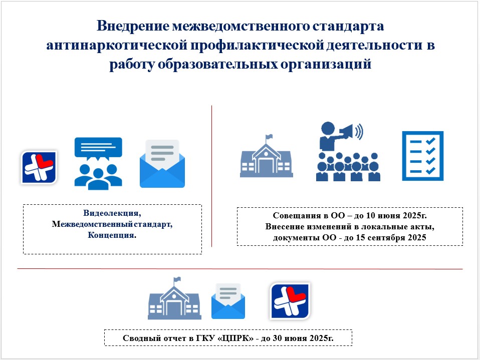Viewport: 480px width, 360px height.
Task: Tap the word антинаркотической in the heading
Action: click(x=117, y=45)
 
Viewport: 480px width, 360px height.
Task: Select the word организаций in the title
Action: click(x=326, y=64)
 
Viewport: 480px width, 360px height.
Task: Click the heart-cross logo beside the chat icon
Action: click(x=39, y=167)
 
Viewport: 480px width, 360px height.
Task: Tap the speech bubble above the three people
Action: click(x=98, y=149)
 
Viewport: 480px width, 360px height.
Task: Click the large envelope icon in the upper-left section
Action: click(x=162, y=164)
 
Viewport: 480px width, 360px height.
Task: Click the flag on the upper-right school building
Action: click(x=269, y=137)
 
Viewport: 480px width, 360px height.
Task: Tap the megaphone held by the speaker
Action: click(x=347, y=132)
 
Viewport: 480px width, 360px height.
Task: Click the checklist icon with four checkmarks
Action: click(x=422, y=156)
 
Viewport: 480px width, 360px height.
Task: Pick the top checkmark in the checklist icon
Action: click(x=430, y=141)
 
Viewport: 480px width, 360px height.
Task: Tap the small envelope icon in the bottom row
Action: click(x=228, y=301)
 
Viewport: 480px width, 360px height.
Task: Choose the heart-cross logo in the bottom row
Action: click(x=290, y=301)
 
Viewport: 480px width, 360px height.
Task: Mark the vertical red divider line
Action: click(x=211, y=176)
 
